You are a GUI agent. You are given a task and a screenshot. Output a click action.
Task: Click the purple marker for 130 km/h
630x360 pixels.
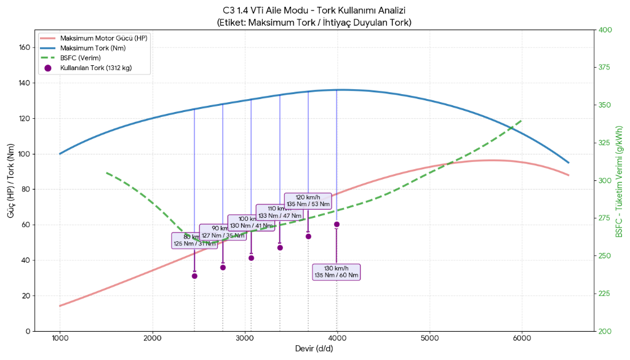click(337, 225)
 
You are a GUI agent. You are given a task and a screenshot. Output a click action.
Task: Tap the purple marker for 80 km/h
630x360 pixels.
click(194, 276)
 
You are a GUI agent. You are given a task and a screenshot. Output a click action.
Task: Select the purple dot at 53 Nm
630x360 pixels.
click(308, 236)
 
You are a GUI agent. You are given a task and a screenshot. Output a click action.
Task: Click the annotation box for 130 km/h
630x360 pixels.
click(336, 272)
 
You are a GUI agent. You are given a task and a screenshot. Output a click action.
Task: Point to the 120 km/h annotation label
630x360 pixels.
click(308, 201)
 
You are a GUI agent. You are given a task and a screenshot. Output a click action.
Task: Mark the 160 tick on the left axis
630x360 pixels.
click(25, 47)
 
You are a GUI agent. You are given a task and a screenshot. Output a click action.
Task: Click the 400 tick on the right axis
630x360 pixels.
click(605, 30)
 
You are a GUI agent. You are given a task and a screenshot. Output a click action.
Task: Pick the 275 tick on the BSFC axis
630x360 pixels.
click(605, 218)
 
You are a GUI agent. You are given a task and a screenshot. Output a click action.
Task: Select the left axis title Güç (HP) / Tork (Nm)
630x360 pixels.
click(11, 180)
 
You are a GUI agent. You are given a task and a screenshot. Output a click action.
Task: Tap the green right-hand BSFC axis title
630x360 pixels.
click(619, 180)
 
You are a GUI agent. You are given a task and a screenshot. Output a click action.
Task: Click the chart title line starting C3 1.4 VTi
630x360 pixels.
click(314, 10)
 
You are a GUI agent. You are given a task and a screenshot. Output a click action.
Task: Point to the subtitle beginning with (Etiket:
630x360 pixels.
click(314, 22)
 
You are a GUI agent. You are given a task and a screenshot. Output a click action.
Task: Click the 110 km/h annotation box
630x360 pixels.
click(280, 212)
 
